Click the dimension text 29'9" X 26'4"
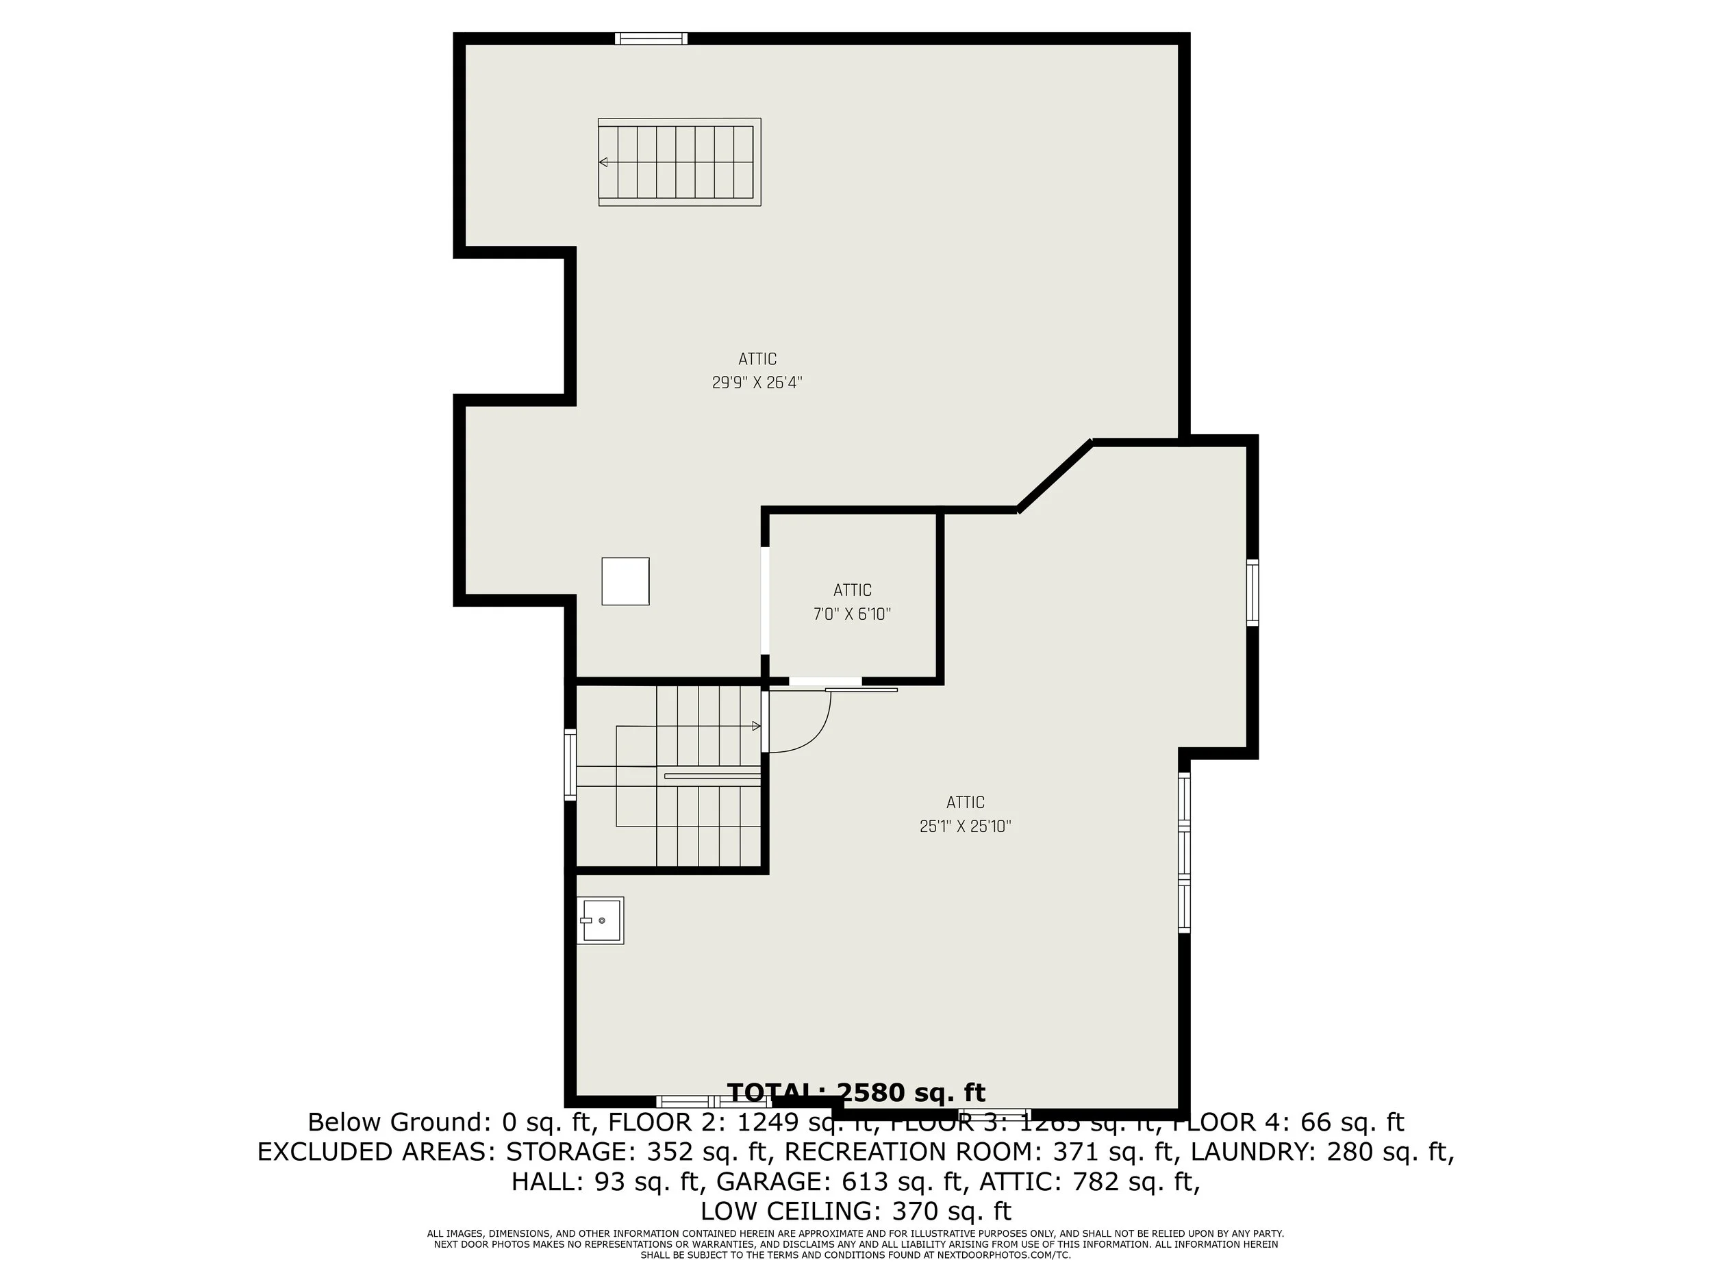click(x=756, y=382)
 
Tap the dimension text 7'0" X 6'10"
click(x=852, y=614)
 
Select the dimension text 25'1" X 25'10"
click(x=965, y=827)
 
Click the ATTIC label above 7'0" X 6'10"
click(x=852, y=590)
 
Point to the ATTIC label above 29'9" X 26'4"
click(x=757, y=359)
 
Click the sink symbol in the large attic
click(x=600, y=920)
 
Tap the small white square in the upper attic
click(x=625, y=581)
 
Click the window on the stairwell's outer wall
click(x=570, y=764)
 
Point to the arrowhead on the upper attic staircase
click(x=603, y=162)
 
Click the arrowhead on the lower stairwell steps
click(x=756, y=726)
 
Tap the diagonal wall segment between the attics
click(x=1054, y=476)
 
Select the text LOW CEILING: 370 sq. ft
click(x=855, y=1211)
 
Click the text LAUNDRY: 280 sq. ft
click(x=1321, y=1153)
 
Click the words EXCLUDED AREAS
click(x=375, y=1153)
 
